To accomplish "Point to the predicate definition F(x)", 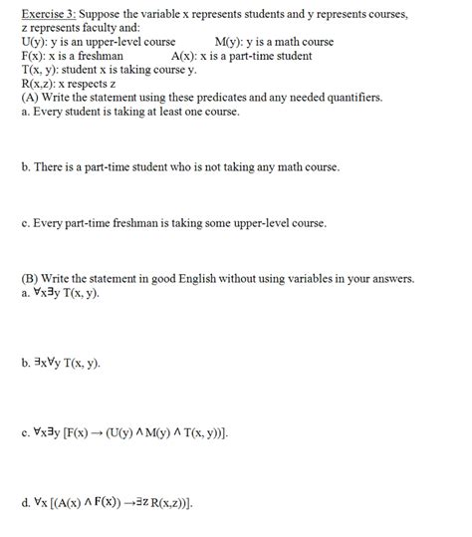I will click(33, 56).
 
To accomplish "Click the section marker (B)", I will click(29, 278).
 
